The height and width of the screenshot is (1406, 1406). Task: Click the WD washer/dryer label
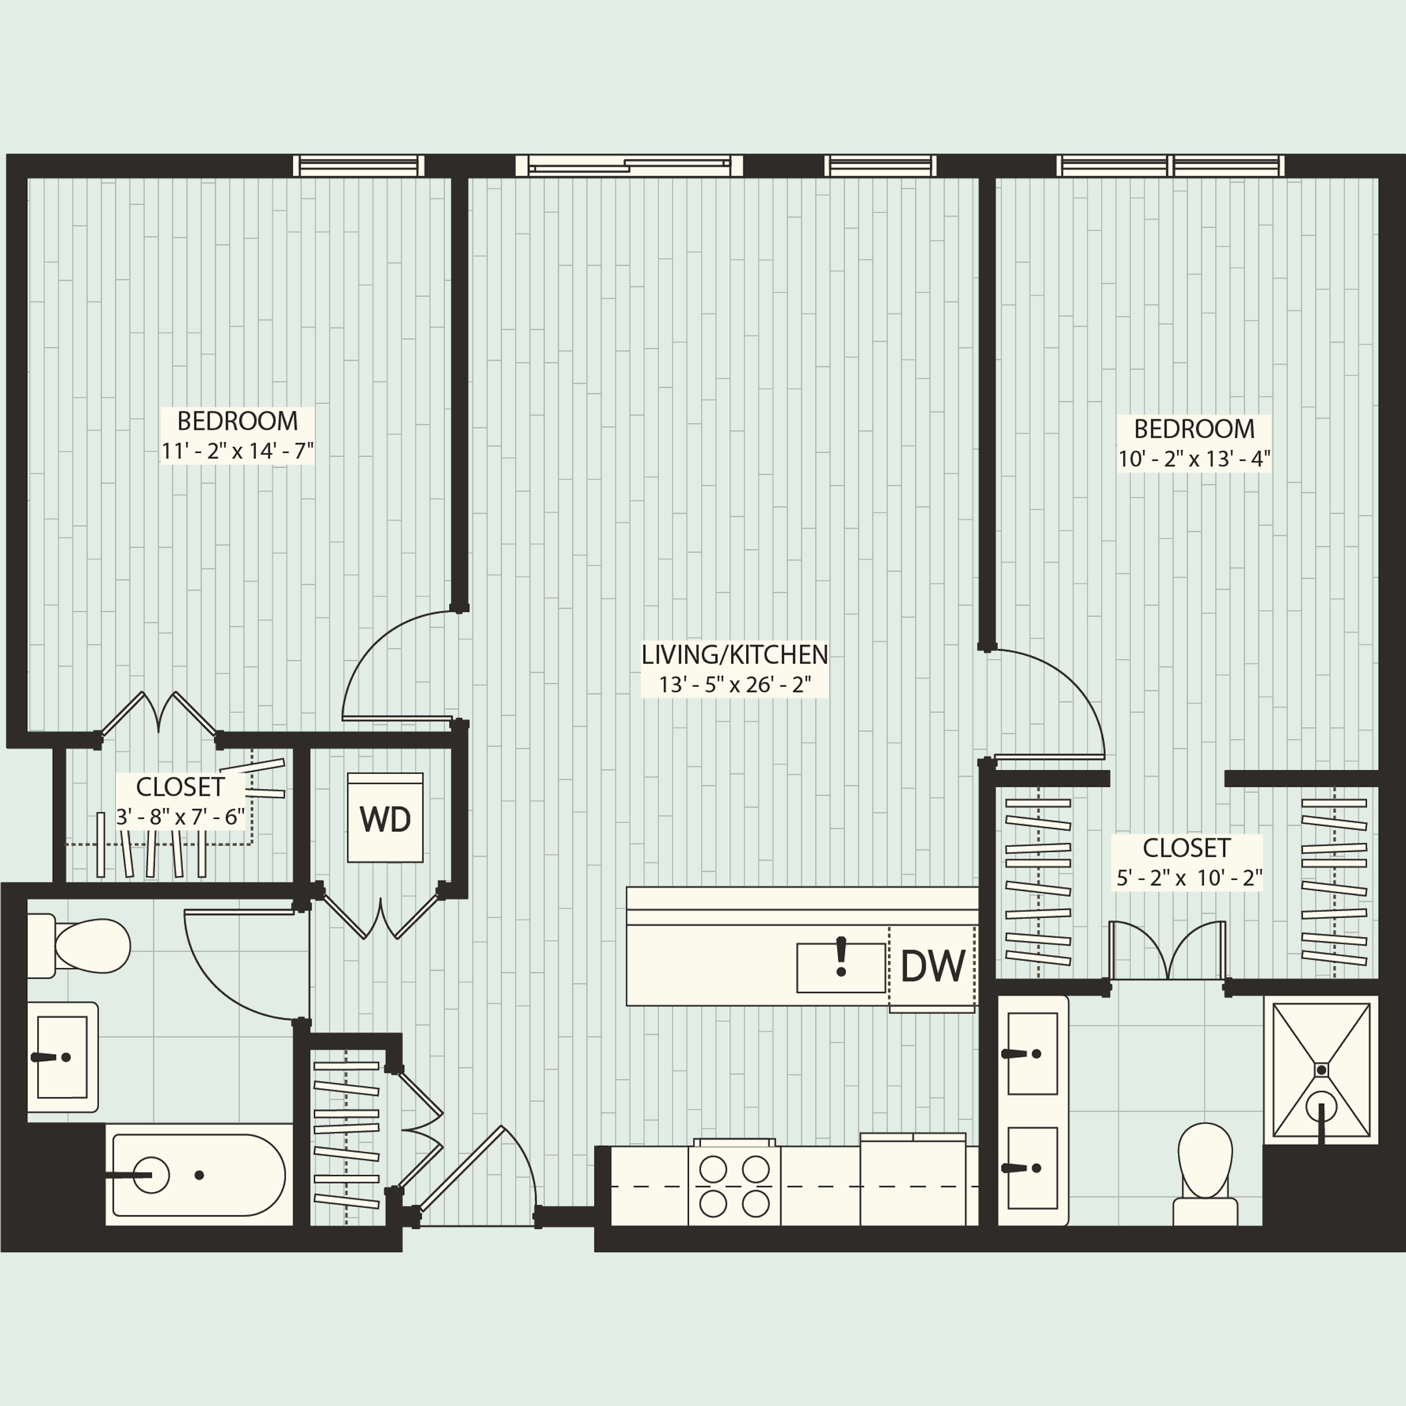coord(385,820)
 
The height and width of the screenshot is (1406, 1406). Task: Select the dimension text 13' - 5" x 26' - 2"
coord(735,685)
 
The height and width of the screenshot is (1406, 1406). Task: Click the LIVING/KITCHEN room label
coord(734,655)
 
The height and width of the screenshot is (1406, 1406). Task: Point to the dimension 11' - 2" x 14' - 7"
coord(237,451)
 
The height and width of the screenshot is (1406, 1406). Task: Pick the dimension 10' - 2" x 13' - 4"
coord(1194,459)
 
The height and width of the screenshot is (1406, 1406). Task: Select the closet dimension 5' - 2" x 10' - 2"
coord(1189,877)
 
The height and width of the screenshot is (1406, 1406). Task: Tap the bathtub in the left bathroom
coord(197,1174)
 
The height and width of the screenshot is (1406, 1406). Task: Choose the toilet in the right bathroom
coord(1205,1172)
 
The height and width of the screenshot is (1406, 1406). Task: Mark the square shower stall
coord(1321,1069)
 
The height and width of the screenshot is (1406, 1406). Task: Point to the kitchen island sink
coord(840,967)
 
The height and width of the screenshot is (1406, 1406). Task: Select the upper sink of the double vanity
coord(1032,1053)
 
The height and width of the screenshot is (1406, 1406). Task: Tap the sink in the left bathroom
coord(62,1056)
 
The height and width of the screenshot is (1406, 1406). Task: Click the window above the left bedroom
coord(359,166)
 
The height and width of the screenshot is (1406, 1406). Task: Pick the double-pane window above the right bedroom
coord(1170,166)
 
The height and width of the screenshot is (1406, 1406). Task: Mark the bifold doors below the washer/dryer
coord(381,914)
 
